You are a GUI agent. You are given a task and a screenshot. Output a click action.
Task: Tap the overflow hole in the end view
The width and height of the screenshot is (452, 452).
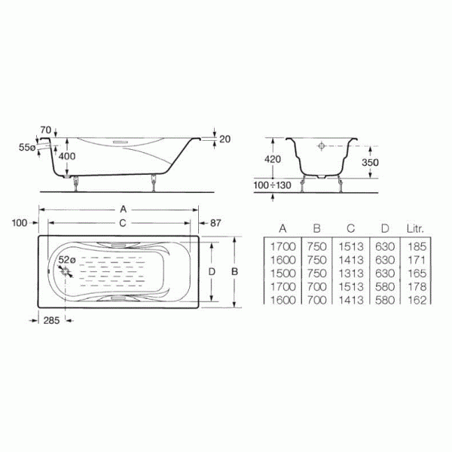click(x=321, y=148)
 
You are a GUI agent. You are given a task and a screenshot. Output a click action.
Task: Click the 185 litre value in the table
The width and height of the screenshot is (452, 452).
click(x=417, y=246)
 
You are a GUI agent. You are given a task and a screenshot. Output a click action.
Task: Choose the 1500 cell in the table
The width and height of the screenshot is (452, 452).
click(x=281, y=273)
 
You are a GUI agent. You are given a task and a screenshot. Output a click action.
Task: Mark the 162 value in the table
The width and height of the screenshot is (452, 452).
click(x=417, y=300)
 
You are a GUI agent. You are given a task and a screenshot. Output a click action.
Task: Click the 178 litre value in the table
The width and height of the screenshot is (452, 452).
click(x=417, y=286)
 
